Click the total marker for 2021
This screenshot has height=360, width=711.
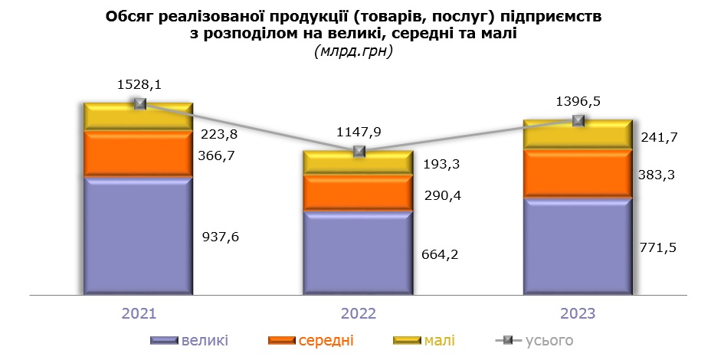[139, 103]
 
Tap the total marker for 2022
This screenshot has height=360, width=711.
[359, 152]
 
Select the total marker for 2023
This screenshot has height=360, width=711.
[578, 120]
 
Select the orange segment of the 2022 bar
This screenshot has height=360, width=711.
[358, 191]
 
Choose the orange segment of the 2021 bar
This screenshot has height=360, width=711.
[138, 154]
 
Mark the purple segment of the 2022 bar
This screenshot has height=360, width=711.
[358, 252]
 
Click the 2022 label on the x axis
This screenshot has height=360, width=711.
[358, 314]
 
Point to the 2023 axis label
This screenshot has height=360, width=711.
[578, 314]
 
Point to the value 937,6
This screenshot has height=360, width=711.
[221, 237]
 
